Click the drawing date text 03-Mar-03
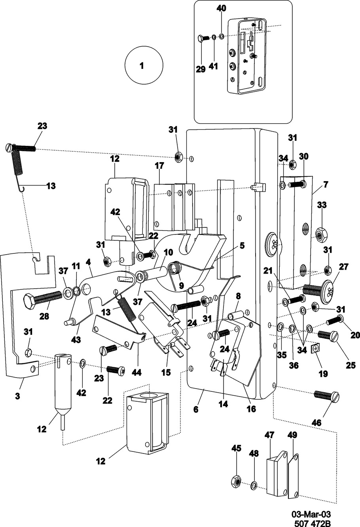coord(311,514)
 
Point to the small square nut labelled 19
coord(315,348)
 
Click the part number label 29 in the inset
coord(201,69)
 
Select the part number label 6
coord(195,410)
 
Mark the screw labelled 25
coord(329,336)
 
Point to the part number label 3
coord(17,396)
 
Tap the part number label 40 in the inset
coord(221,9)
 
